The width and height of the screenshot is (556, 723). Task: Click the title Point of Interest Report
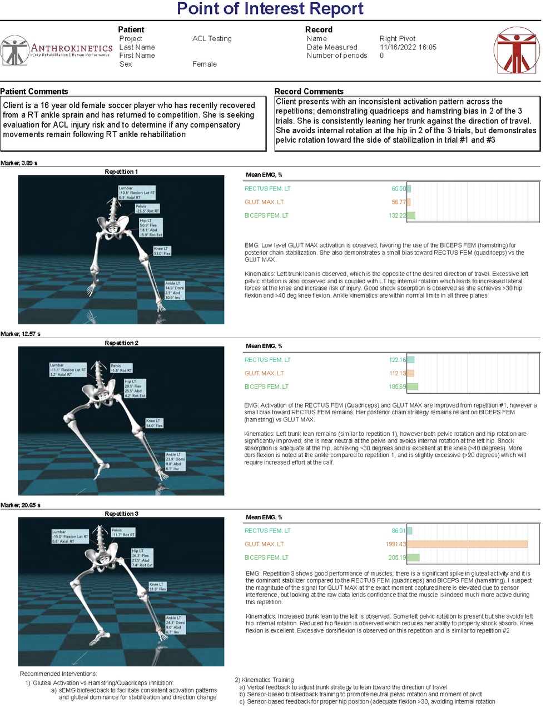tap(270, 9)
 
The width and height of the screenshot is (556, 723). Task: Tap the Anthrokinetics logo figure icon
tap(15, 51)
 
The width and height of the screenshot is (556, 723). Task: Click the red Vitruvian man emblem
tap(517, 51)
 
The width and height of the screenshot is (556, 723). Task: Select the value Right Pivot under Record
tap(397, 39)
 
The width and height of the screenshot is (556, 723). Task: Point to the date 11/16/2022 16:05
tap(408, 47)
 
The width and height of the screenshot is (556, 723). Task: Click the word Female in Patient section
tap(205, 64)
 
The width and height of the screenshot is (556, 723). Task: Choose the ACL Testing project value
tap(212, 39)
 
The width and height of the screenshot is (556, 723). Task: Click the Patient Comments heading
tap(34, 92)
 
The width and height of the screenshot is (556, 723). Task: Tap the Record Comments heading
tap(309, 92)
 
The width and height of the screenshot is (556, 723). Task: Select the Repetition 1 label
tap(121, 172)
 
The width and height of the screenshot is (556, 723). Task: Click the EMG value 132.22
tap(397, 215)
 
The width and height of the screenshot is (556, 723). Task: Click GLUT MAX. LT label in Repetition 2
tap(264, 373)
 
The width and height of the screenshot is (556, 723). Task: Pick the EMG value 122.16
tap(397, 360)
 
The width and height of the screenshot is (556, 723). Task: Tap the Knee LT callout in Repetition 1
tap(162, 251)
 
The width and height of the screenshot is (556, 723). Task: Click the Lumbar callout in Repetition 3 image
tap(70, 536)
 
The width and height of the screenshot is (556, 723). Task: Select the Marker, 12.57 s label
tap(21, 334)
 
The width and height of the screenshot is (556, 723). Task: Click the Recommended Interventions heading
tap(58, 674)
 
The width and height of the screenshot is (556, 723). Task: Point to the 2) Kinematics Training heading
tap(264, 680)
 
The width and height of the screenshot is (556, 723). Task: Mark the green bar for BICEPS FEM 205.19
tap(413, 558)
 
